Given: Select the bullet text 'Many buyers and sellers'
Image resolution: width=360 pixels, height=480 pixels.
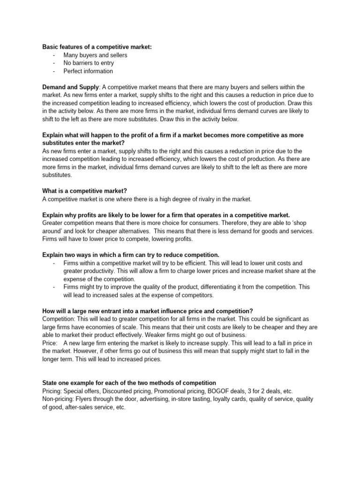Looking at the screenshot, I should pyautogui.click(x=95, y=55).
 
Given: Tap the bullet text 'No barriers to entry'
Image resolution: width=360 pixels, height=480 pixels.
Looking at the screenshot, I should pyautogui.click(x=89, y=63).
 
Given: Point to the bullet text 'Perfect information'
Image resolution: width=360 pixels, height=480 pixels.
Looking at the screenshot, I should pyautogui.click(x=88, y=71).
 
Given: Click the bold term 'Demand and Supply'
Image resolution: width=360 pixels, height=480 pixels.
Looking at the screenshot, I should pyautogui.click(x=70, y=87).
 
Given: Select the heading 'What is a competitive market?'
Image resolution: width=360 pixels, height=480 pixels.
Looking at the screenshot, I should pyautogui.click(x=85, y=191).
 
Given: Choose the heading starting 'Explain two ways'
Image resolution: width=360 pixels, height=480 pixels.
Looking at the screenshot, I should pyautogui.click(x=131, y=255).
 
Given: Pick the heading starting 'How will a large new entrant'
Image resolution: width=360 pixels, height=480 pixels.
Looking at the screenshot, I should pyautogui.click(x=148, y=311).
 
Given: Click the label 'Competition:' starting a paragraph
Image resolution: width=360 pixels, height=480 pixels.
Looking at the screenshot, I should pyautogui.click(x=59, y=319).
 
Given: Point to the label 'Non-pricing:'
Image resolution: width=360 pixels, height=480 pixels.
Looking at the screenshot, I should pyautogui.click(x=59, y=399).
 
